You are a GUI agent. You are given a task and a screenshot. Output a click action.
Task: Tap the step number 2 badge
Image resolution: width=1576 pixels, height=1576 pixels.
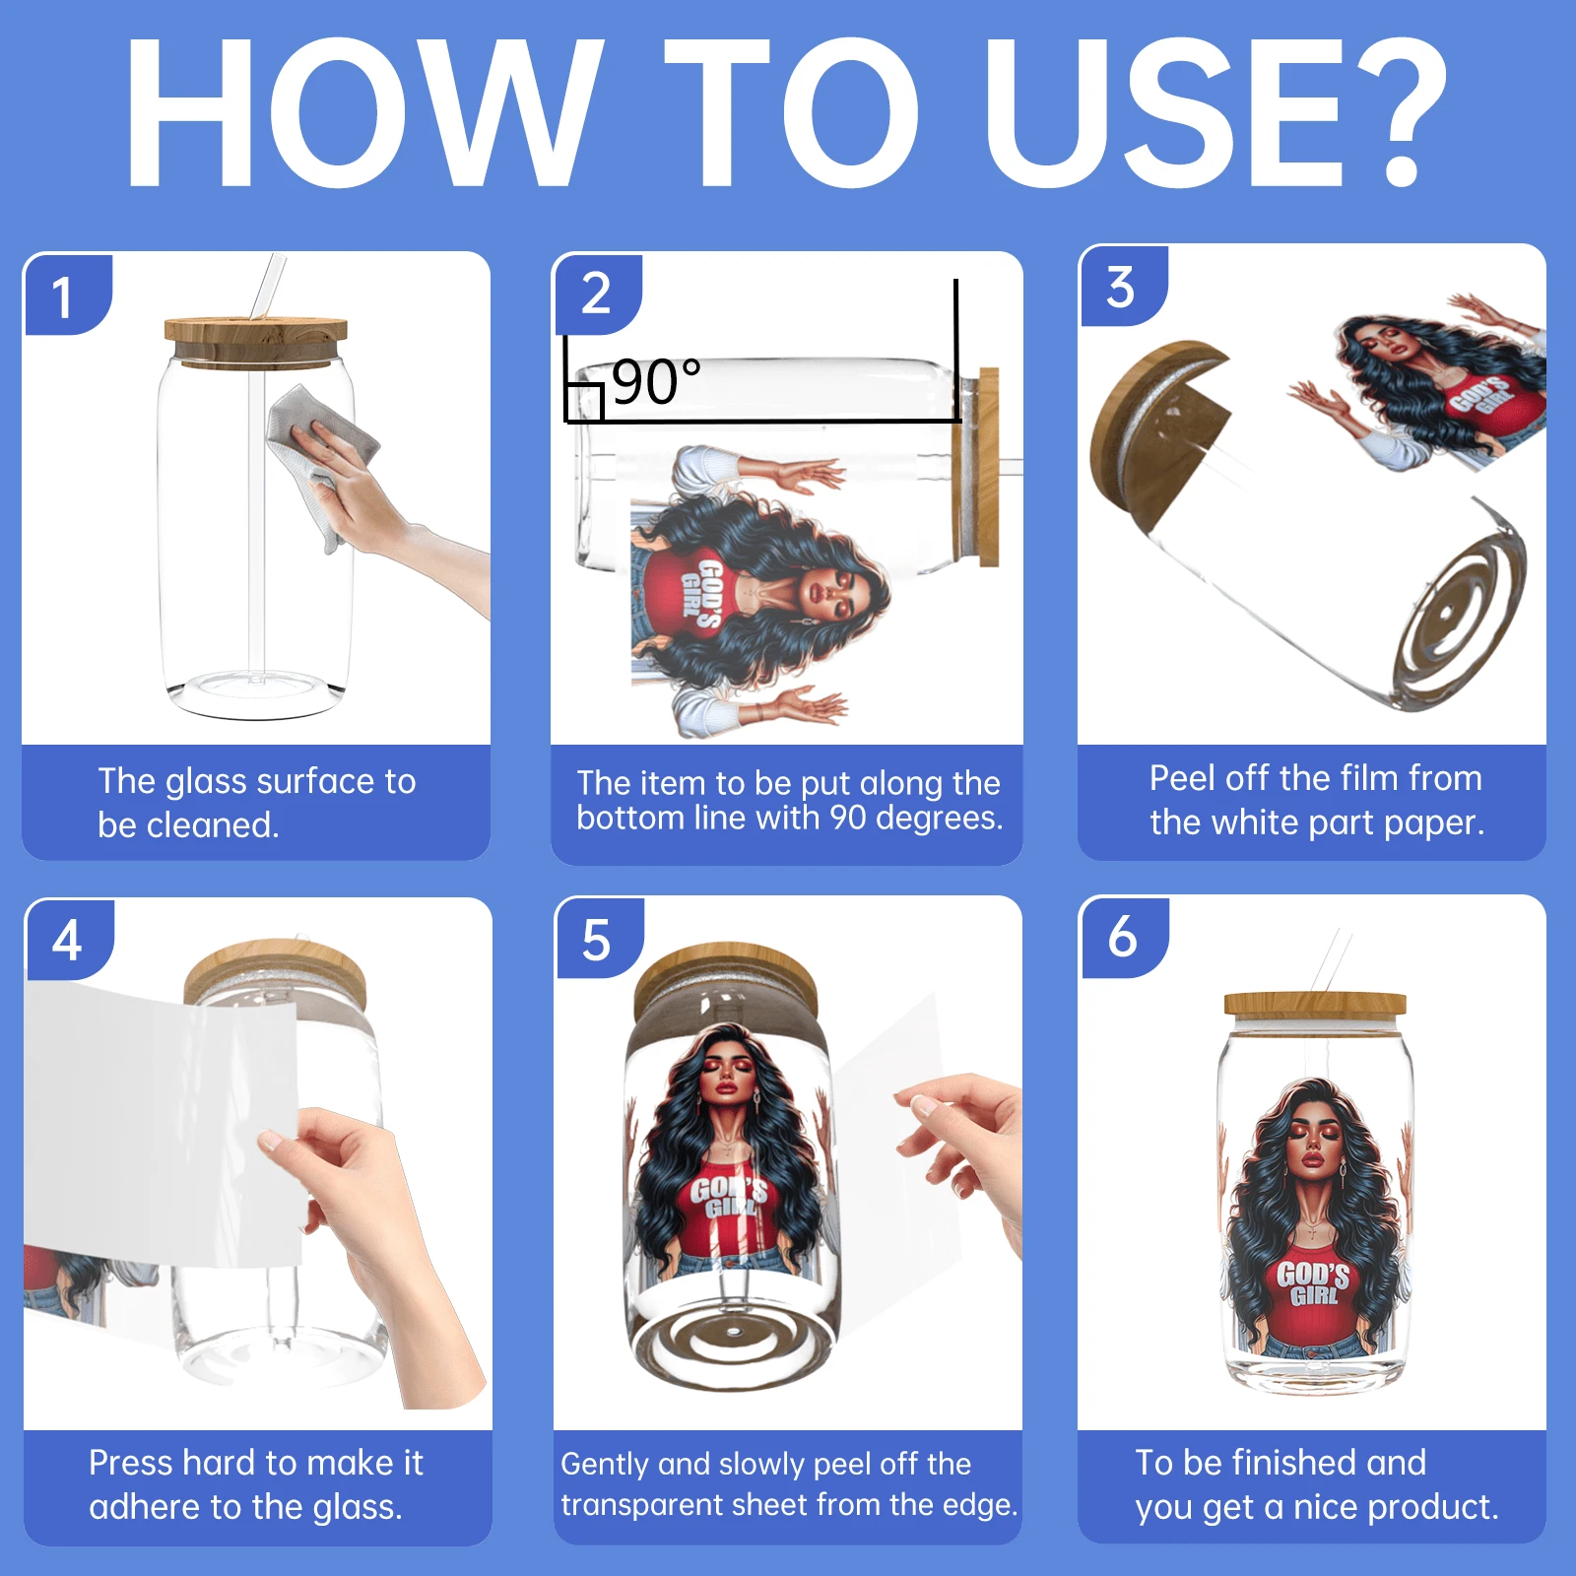click(x=597, y=294)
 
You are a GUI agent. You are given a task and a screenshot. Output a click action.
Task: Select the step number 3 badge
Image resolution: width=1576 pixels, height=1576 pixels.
click(x=1123, y=286)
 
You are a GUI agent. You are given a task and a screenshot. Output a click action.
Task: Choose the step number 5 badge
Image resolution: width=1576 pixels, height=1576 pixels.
click(x=599, y=938)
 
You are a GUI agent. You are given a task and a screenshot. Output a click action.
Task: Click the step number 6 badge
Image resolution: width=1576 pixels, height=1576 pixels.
click(x=1125, y=937)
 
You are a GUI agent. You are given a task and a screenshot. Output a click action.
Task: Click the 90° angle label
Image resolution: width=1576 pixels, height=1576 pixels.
click(x=656, y=382)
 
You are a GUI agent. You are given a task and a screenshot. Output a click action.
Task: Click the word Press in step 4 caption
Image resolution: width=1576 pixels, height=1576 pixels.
click(x=131, y=1463)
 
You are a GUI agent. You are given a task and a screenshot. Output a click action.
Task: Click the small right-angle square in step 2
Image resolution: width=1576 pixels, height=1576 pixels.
click(x=583, y=402)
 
